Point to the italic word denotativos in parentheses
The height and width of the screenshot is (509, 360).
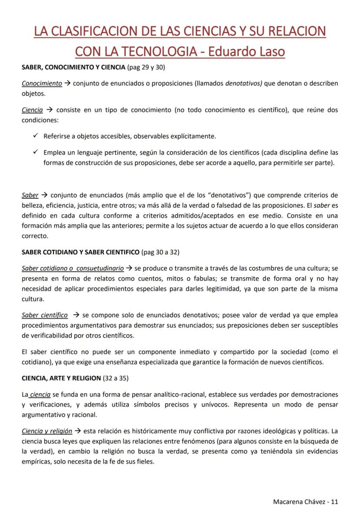[x=243, y=83]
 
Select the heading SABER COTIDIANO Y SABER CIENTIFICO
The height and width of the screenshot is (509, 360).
[x=81, y=252]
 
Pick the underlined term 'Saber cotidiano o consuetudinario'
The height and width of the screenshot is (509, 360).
[x=73, y=268]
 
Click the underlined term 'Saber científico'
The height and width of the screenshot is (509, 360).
[x=45, y=315]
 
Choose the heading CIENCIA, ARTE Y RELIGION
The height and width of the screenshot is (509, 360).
[x=61, y=378]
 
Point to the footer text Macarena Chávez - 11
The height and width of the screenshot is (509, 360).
[x=305, y=501]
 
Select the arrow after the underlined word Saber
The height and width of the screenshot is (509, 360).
[x=44, y=195]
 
